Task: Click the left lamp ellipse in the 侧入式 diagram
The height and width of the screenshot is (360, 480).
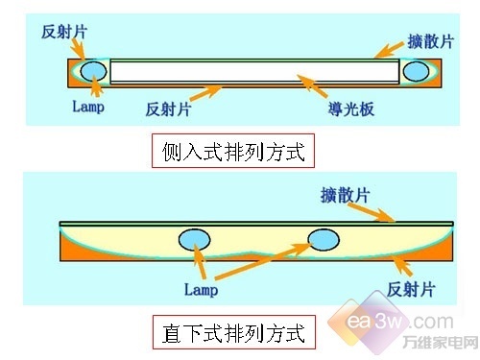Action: click(x=93, y=70)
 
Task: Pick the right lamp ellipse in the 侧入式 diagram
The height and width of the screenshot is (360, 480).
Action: click(x=416, y=70)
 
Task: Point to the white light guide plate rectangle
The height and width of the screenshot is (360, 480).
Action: click(x=254, y=71)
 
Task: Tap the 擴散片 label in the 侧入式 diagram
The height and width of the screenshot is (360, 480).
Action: click(x=426, y=41)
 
